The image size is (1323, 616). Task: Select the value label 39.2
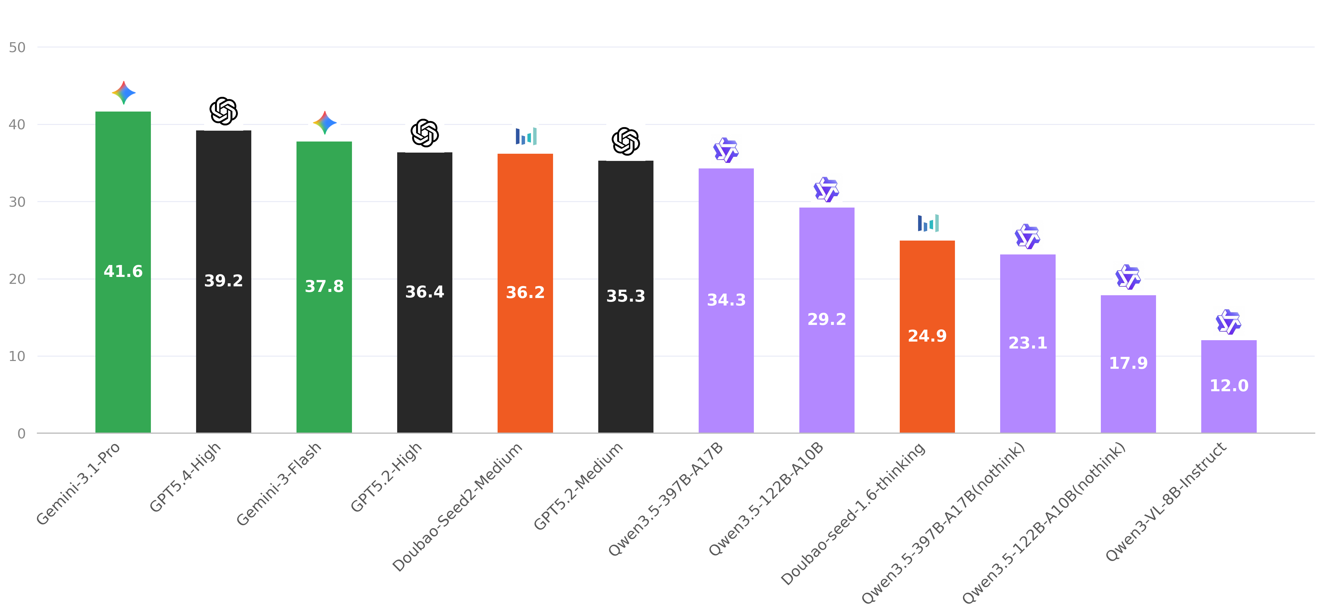[x=223, y=281]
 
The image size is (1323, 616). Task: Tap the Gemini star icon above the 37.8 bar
[x=325, y=123]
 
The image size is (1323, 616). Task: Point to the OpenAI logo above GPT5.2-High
[x=425, y=133]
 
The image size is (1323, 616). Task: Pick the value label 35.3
[x=625, y=296]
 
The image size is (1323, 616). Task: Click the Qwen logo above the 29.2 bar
[x=826, y=190]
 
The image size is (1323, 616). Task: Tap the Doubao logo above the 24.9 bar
[x=927, y=223]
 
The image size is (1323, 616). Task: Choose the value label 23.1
[x=1028, y=343]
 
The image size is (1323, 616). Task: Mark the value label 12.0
[x=1228, y=386]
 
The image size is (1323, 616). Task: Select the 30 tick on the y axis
[x=17, y=202]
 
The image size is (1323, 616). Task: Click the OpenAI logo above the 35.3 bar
[x=625, y=141]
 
